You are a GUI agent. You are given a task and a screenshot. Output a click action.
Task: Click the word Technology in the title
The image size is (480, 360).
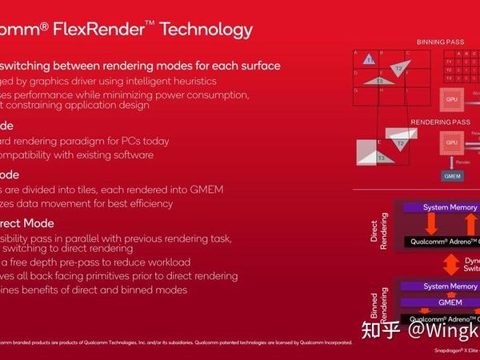point(206,30)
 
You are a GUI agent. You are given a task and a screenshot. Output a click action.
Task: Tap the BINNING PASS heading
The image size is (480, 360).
point(440,42)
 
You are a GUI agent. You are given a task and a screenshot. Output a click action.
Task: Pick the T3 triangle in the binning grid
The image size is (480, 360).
point(380,79)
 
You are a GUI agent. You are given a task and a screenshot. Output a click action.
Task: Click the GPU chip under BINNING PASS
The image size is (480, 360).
point(452,99)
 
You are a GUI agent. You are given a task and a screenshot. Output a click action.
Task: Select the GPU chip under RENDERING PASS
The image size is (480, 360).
point(452,142)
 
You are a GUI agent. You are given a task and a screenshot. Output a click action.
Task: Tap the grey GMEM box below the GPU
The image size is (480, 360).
point(451,175)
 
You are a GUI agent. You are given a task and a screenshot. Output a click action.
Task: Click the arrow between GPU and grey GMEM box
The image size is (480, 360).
point(451,162)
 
